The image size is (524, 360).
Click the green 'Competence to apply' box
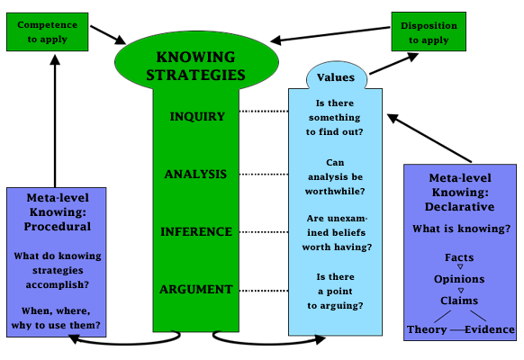tap(48, 32)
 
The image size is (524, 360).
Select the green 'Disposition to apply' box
tap(429, 31)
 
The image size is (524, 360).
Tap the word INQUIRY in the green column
tap(197, 116)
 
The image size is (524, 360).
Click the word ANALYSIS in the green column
tap(196, 174)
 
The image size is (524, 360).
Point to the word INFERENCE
tap(196, 232)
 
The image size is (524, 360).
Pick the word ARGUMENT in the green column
tap(196, 289)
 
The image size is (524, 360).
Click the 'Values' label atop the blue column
tap(336, 77)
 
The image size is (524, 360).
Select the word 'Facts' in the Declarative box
tap(459, 257)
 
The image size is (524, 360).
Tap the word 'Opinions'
tap(459, 279)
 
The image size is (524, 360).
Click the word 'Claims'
tap(459, 301)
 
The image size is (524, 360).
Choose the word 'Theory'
tap(427, 329)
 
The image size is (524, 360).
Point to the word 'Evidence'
tap(490, 329)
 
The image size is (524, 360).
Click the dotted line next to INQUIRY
tap(264, 112)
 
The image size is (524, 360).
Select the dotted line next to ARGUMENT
tap(264, 291)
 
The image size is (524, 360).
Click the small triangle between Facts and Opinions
tap(460, 266)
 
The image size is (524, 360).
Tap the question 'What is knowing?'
tap(462, 229)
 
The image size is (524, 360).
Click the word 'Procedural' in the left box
tap(58, 227)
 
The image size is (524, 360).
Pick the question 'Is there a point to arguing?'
tap(335, 292)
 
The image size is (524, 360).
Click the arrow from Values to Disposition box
tap(394, 64)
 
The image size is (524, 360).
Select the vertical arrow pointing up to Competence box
tap(55, 121)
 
